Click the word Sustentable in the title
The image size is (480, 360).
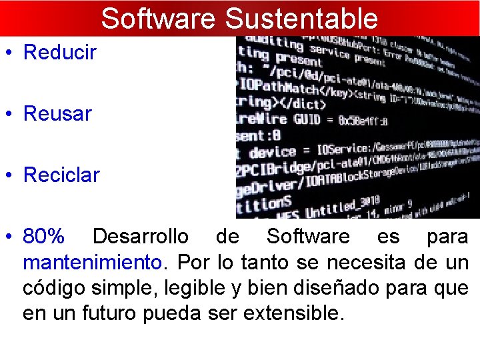coord(301,18)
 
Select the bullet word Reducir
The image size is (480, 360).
coord(60,52)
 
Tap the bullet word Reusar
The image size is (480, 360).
coord(57,114)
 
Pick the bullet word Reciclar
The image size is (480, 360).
coord(61,175)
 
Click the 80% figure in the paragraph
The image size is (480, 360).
coord(44,237)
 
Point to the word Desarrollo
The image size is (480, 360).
coord(140,237)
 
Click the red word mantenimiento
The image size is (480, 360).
coord(92,262)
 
